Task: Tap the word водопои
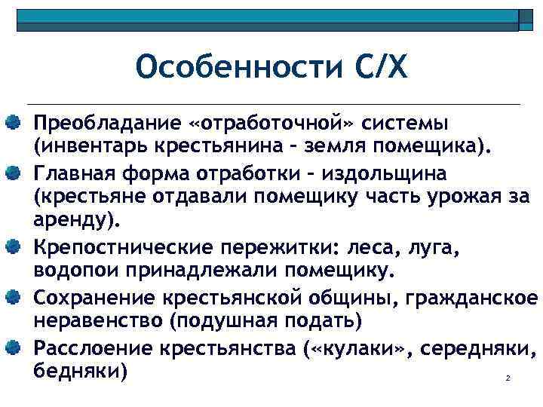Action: [x=74, y=270]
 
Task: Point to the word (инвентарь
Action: [x=82, y=145]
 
